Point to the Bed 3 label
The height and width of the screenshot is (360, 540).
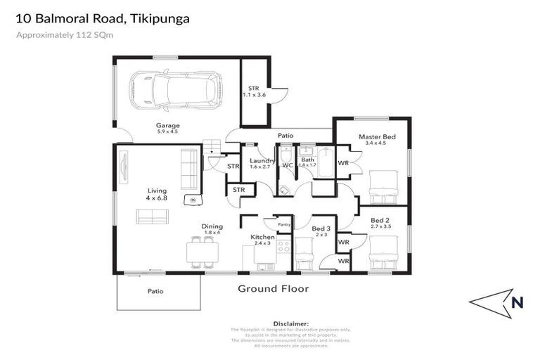(321, 229)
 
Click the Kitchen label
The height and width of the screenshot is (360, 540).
(262, 238)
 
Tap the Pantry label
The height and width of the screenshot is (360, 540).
(284, 224)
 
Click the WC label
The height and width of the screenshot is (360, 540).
(288, 165)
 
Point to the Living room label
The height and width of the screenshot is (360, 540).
(157, 191)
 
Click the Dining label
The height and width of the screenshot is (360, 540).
(212, 226)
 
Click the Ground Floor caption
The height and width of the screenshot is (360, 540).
(273, 288)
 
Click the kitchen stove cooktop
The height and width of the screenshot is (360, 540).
(284, 247)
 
